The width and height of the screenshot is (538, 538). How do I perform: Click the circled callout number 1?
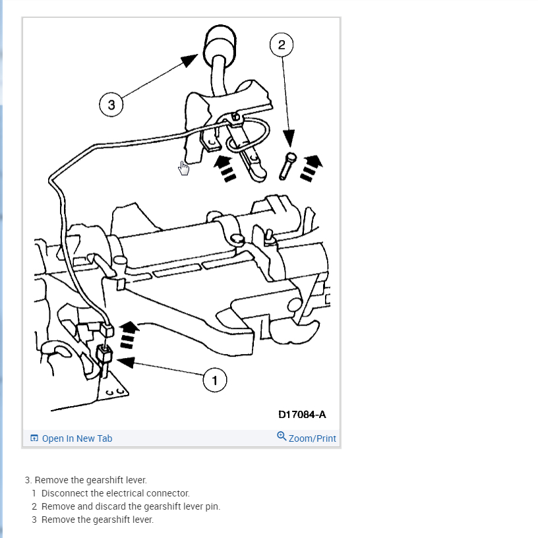tap(214, 380)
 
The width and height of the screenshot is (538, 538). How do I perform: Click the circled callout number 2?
tap(282, 45)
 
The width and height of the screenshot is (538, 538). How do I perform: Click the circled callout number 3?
tap(111, 104)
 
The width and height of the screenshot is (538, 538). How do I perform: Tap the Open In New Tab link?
tap(76, 438)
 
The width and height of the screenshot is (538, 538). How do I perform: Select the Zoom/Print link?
tap(312, 438)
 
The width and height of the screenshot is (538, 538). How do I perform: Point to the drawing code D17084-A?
tap(302, 415)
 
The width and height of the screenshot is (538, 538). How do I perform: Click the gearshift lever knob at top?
tap(220, 45)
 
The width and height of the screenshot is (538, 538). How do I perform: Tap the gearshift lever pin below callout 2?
tap(287, 165)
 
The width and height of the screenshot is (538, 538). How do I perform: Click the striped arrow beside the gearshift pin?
tap(310, 167)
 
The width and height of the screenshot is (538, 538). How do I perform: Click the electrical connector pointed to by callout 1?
tap(104, 354)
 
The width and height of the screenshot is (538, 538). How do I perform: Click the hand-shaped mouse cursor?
tap(184, 169)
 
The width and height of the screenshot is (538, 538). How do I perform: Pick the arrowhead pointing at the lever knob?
tap(189, 61)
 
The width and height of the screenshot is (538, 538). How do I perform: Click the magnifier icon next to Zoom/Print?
tap(282, 436)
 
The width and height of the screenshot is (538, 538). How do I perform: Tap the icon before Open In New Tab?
tap(34, 438)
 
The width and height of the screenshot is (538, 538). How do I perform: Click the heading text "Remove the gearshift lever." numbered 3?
tap(90, 480)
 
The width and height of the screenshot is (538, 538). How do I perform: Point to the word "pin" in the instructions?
tap(213, 506)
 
